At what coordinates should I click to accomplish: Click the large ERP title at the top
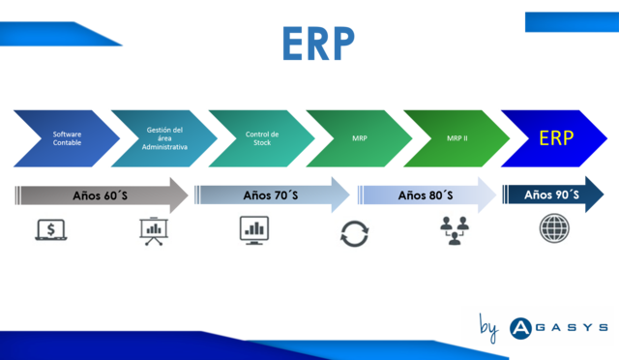317,43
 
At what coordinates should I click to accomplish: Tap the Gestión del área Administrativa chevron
162,138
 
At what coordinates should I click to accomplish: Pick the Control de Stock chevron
261,138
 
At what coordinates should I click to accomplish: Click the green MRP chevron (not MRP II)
358,138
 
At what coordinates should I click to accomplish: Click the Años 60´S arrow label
101,195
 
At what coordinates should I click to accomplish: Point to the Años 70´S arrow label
270,195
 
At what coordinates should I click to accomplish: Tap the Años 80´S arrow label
425,195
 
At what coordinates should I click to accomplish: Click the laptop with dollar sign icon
50,229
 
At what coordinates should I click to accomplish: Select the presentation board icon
153,230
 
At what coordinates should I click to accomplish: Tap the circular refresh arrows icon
354,232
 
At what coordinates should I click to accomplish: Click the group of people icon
456,230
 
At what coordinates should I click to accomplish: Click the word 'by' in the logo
488,329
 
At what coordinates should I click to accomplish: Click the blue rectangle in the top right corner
570,22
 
